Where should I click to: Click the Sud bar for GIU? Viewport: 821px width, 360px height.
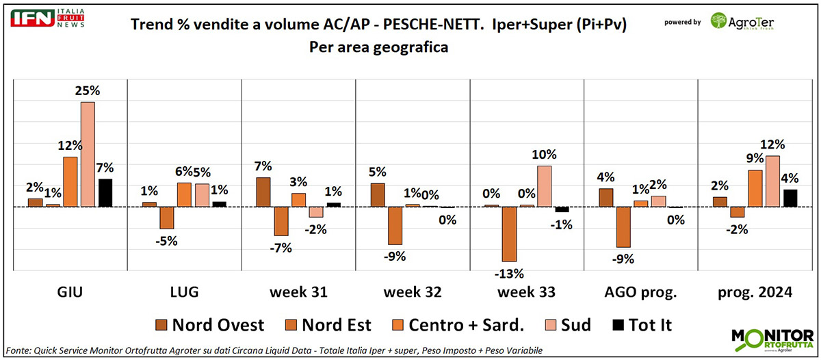pyautogui.click(x=88, y=154)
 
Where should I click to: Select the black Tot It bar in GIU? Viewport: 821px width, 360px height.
pyautogui.click(x=105, y=192)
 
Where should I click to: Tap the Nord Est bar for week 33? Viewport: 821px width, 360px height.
pyautogui.click(x=509, y=234)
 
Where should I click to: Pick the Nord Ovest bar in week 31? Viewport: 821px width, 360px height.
pyautogui.click(x=263, y=192)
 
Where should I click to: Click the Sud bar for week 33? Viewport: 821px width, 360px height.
pyautogui.click(x=545, y=185)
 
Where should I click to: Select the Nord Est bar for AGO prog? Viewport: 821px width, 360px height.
pyautogui.click(x=623, y=227)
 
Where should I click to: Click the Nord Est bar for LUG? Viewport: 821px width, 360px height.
pyautogui.click(x=167, y=218)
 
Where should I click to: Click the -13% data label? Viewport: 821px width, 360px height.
pyautogui.click(x=509, y=274)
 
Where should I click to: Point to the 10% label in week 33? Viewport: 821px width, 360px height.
pyautogui.click(x=544, y=154)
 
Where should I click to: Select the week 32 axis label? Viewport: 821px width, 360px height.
pyautogui.click(x=412, y=292)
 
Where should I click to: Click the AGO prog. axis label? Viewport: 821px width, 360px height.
pyautogui.click(x=641, y=292)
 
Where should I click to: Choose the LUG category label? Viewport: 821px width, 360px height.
pyautogui.click(x=184, y=292)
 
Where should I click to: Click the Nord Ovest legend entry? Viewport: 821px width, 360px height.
pyautogui.click(x=209, y=324)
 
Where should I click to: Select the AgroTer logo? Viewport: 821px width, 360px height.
pyautogui.click(x=744, y=21)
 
